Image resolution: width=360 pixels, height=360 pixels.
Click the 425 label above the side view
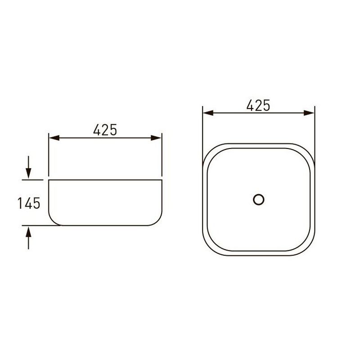tap(105, 130)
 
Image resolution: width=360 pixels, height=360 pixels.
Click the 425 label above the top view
tap(258, 106)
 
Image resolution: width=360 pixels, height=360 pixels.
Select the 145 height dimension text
tap(29, 203)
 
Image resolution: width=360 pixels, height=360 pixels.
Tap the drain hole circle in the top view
tap(258, 199)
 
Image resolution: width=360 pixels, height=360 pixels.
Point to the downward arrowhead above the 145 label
tap(28, 173)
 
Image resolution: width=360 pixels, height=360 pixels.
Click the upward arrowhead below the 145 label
tap(28, 232)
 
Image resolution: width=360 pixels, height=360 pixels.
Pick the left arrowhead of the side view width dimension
tap(54, 138)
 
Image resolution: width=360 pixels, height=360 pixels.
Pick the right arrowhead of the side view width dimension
tap(156, 138)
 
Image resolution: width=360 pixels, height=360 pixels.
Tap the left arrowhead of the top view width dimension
tap(208, 113)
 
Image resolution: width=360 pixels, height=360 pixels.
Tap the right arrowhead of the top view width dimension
tap(309, 113)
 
